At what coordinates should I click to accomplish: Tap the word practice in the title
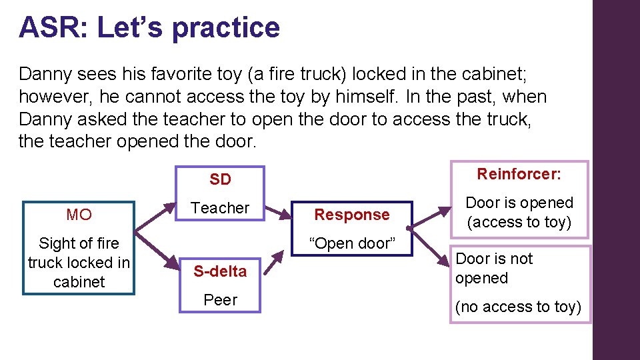(226, 29)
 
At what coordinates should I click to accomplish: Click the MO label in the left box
(79, 215)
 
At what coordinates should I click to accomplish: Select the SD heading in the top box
(220, 179)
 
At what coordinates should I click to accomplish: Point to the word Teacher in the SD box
(220, 208)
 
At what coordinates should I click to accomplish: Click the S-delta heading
(220, 271)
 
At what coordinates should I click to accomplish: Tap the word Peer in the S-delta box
(221, 300)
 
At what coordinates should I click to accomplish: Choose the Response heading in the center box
(352, 215)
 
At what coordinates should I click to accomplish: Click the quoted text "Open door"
(352, 243)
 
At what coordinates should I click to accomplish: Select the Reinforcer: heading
(519, 174)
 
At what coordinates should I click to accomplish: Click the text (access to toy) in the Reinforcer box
(519, 223)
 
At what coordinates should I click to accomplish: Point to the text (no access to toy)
(518, 307)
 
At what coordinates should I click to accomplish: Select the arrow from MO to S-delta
(157, 251)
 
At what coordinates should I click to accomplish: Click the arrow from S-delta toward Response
(274, 263)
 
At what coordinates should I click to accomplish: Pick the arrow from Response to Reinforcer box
(429, 217)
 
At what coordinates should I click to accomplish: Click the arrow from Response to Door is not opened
(428, 247)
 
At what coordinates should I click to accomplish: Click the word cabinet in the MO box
(79, 282)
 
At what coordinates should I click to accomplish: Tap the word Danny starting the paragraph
(45, 75)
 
